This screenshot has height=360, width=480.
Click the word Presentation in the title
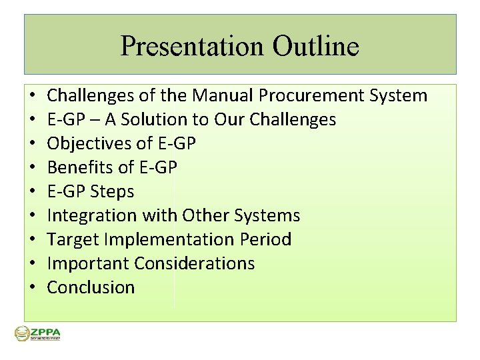[x=192, y=47]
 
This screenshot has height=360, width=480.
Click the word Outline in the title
[x=315, y=47]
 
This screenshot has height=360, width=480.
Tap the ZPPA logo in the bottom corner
[x=37, y=334]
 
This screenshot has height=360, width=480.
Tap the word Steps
[x=113, y=191]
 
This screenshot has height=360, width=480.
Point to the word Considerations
[x=195, y=263]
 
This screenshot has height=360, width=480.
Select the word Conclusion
[x=91, y=287]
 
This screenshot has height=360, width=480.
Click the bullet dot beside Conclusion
[x=32, y=288]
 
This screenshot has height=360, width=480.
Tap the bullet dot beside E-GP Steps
[x=32, y=192]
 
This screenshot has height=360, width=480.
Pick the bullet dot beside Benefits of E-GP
[x=32, y=168]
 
